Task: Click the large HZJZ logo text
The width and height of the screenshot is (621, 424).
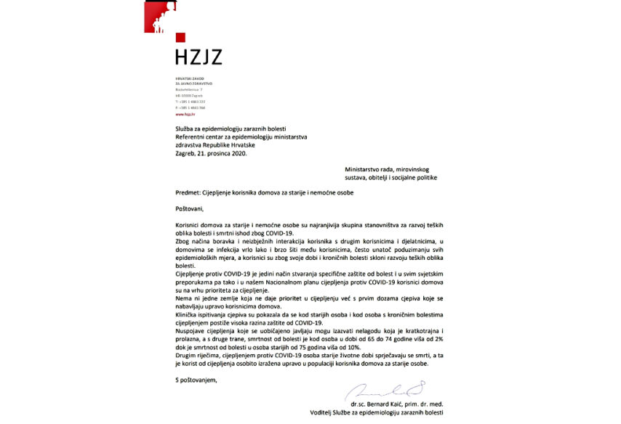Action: tap(199, 56)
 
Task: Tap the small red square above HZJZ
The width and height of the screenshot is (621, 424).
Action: tap(180, 37)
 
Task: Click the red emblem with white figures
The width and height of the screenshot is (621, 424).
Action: tap(160, 17)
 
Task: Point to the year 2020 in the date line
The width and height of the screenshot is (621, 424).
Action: tap(245, 152)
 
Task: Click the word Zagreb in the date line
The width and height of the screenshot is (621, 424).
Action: tap(187, 152)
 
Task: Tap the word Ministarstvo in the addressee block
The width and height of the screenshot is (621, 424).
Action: tap(363, 168)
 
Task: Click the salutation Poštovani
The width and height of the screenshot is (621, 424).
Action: tap(191, 209)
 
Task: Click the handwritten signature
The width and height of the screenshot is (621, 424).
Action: tap(378, 390)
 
